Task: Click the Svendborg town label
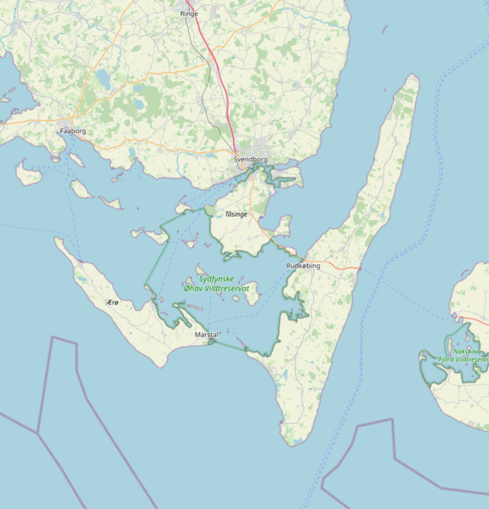(250, 159)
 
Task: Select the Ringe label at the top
(189, 14)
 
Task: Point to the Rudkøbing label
(304, 266)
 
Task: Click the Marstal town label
(207, 334)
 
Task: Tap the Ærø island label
(111, 303)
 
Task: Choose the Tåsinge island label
(236, 214)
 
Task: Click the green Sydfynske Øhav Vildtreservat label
(217, 283)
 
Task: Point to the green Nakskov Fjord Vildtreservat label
(463, 354)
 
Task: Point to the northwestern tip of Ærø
(57, 240)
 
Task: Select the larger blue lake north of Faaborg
(103, 79)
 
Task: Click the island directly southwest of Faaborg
(28, 174)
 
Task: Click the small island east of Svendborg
(287, 179)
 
